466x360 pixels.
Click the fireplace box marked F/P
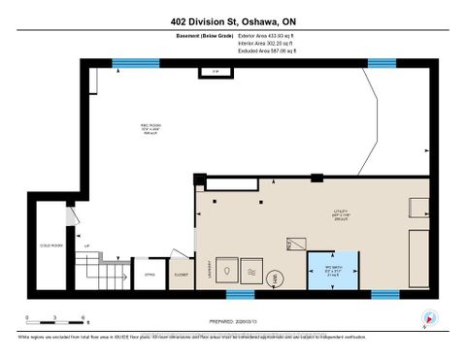coord(212,72)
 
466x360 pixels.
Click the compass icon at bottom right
coord(430,317)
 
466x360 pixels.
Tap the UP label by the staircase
coord(88,246)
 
